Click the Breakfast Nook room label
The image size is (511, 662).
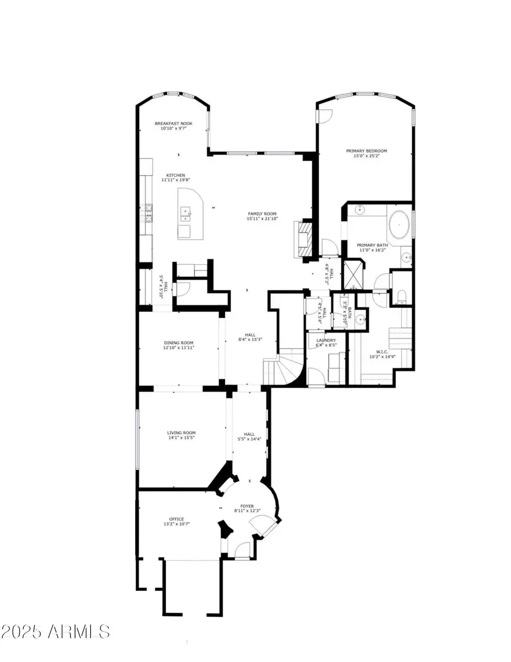174,123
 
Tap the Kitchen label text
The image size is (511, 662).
175,175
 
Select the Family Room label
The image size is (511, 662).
262,214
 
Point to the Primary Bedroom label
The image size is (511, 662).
366,151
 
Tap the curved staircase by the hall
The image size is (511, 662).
280,370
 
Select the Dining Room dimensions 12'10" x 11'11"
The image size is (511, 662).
179,348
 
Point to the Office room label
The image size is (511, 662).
176,519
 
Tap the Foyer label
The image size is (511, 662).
246,505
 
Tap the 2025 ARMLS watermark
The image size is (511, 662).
56,631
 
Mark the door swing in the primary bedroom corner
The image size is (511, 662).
325,116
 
